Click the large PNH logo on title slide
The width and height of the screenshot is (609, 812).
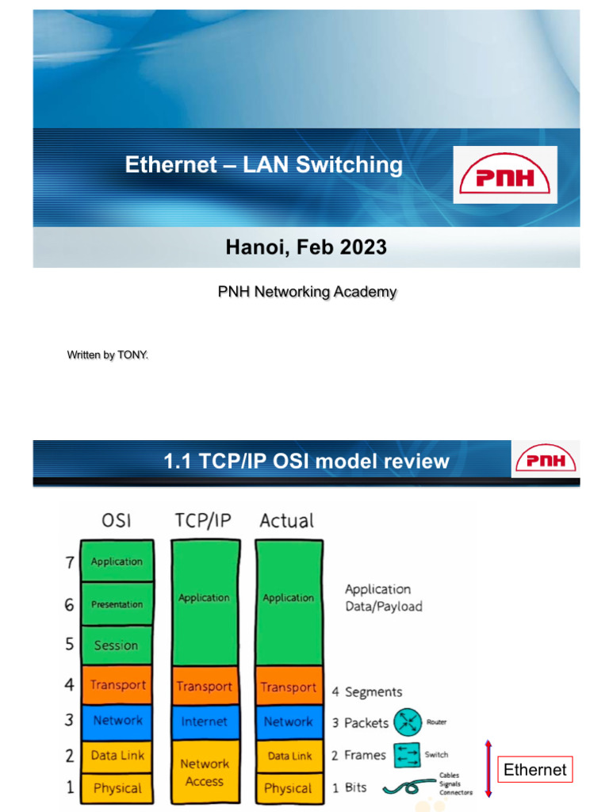pos(505,174)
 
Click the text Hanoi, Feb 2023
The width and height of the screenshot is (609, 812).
pos(306,247)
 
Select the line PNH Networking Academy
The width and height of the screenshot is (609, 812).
pos(307,292)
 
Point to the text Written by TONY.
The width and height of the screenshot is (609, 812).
pos(108,355)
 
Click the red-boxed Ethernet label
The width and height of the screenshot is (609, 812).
pos(535,769)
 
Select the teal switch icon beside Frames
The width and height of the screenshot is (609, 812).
pos(407,756)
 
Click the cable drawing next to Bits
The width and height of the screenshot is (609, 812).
pos(408,787)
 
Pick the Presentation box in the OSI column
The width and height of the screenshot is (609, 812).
pos(117,604)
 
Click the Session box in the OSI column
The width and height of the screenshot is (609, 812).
pos(117,645)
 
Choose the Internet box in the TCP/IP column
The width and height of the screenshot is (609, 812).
pos(204,722)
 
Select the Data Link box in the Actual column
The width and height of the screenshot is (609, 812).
pos(289,756)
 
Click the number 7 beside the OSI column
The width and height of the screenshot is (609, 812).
pos(70,562)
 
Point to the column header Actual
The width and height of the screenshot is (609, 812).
pos(287,521)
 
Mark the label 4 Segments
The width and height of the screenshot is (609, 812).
pos(367,692)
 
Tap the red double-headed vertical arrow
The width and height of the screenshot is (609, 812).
pos(488,768)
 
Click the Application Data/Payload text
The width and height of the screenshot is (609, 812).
pos(382,598)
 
